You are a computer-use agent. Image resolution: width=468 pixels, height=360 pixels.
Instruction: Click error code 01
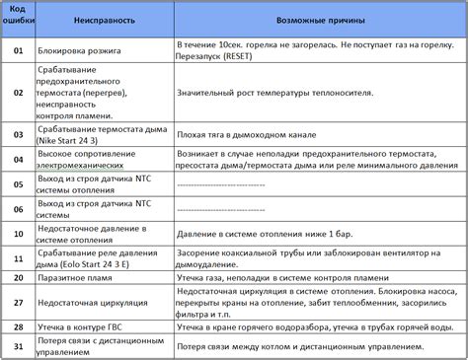pyautogui.click(x=17, y=45)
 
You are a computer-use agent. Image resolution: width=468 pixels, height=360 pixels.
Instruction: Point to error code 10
pyautogui.click(x=17, y=233)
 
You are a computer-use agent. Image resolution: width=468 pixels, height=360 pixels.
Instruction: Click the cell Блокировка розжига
pyautogui.click(x=86, y=45)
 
